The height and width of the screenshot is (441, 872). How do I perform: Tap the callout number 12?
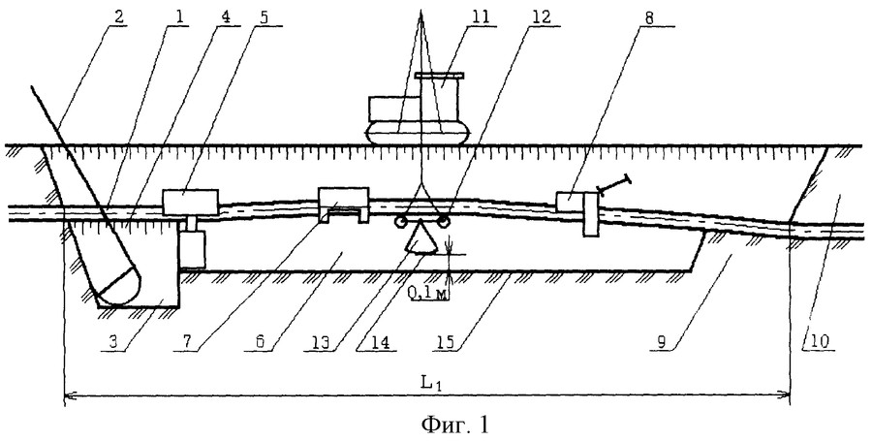tap(538, 16)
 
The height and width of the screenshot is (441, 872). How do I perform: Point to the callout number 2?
tap(119, 16)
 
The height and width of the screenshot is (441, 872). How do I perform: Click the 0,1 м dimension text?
tap(429, 296)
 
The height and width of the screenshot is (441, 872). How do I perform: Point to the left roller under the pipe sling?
tap(399, 222)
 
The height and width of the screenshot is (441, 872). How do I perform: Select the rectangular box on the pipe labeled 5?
tap(191, 203)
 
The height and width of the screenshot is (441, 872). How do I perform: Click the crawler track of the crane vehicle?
tap(418, 134)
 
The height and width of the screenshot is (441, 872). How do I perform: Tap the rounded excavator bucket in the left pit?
tap(118, 286)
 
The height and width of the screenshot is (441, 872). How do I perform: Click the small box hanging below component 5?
tap(193, 248)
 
